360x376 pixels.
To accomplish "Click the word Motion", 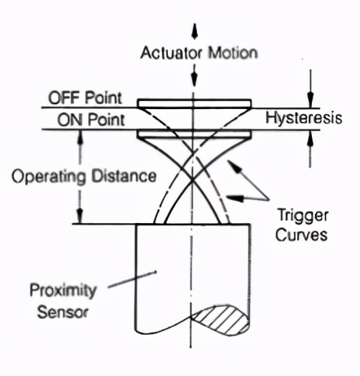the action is tap(233, 52).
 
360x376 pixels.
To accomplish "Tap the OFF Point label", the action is tap(85, 98).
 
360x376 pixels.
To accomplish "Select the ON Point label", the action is tap(91, 120).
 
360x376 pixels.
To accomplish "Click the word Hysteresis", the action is tap(304, 118).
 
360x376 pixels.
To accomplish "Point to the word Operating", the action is tap(49, 177).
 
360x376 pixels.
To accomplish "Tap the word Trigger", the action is tap(302, 216).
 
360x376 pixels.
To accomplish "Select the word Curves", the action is tap(301, 234).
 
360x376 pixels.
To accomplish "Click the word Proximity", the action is tap(63, 291).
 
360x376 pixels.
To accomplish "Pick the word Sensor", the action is tap(63, 312).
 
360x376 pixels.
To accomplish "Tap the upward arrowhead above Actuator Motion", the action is tap(194, 31).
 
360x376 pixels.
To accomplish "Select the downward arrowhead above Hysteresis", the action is tap(310, 100).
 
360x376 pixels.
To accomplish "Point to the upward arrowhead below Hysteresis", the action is tap(310, 138).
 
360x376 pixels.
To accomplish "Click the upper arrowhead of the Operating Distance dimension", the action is tap(80, 138).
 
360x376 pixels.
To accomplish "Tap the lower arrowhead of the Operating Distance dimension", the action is tap(79, 216).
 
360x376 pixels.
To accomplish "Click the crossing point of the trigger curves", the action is tap(192, 179).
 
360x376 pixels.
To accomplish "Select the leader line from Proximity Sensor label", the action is tap(132, 279).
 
